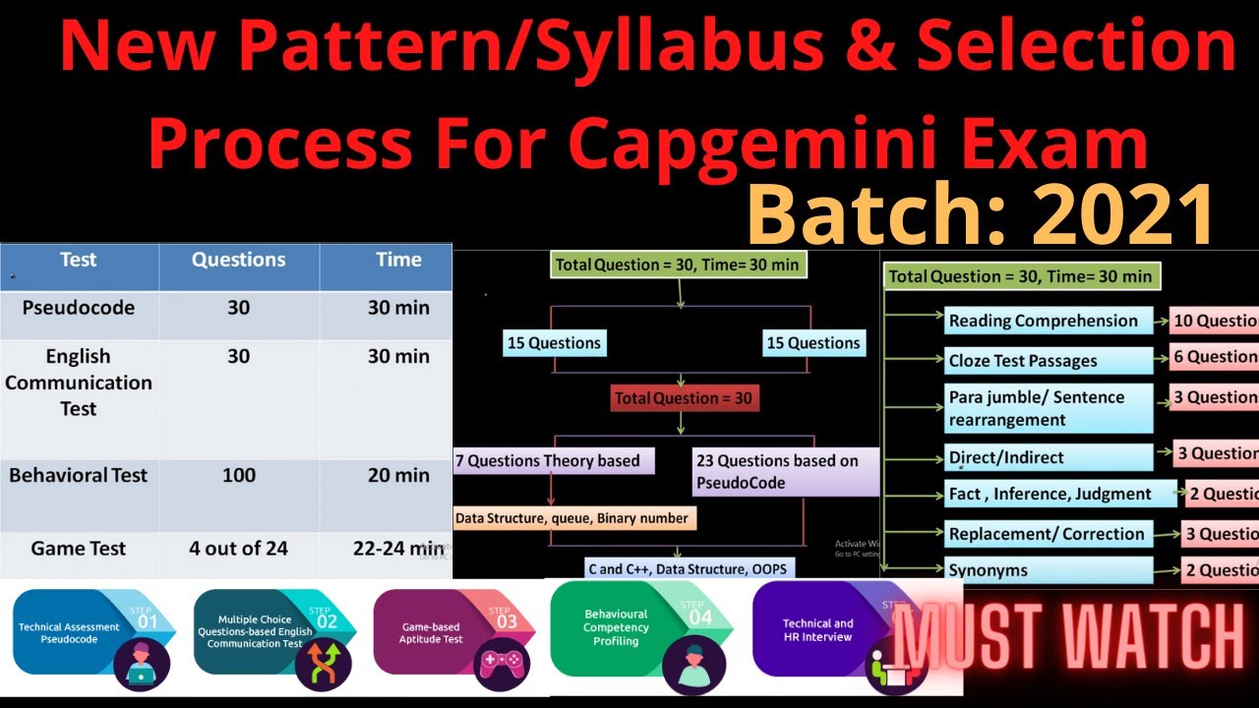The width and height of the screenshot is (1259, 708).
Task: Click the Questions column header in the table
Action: (x=238, y=261)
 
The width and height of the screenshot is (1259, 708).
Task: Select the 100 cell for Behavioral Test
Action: (x=238, y=476)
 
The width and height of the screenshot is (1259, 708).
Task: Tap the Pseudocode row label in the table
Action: (x=79, y=308)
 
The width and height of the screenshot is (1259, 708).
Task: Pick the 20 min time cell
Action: (x=398, y=476)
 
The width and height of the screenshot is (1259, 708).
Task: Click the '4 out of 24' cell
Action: (x=238, y=549)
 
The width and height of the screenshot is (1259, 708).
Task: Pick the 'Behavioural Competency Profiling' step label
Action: (x=616, y=627)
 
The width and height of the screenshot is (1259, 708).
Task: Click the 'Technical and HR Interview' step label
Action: (x=817, y=630)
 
